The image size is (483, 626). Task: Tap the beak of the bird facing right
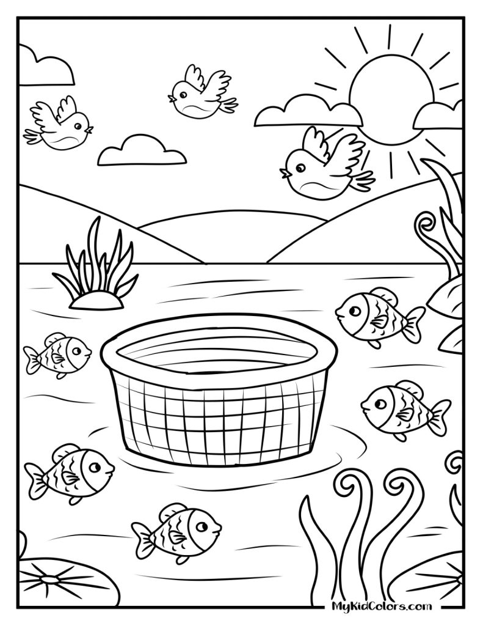pos(90,130)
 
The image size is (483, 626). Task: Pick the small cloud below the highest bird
pos(142,153)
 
